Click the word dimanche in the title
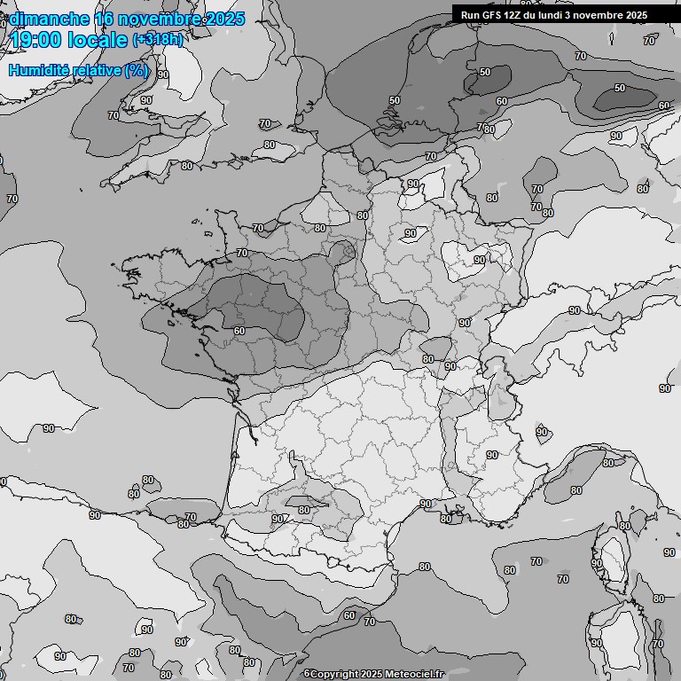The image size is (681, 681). tap(49, 19)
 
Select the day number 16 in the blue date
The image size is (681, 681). tap(105, 19)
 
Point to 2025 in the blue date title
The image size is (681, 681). tap(219, 19)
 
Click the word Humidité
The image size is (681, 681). tap(39, 70)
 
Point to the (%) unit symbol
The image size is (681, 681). tap(137, 70)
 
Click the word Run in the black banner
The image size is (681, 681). tap(471, 15)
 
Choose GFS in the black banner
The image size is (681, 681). tap(494, 15)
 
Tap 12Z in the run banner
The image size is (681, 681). tap(517, 15)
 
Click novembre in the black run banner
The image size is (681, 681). tap(608, 15)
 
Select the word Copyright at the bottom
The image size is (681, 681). tap(338, 674)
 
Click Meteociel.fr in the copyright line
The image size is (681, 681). tap(415, 674)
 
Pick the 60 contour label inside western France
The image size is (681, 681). tap(239, 331)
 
